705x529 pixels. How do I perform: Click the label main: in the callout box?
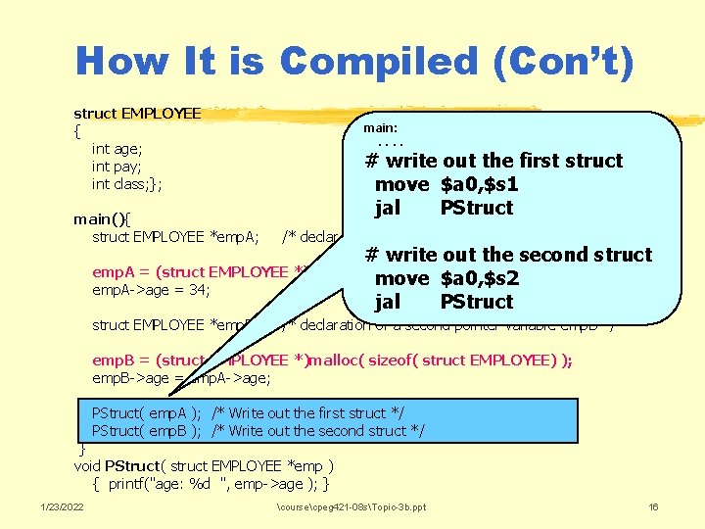click(380, 127)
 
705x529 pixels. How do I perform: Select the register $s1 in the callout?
click(498, 184)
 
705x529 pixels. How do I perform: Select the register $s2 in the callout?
click(498, 278)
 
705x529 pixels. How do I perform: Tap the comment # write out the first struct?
click(493, 161)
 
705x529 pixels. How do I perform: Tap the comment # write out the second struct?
click(508, 255)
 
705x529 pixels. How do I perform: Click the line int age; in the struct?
click(117, 149)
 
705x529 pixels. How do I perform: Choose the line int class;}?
click(127, 184)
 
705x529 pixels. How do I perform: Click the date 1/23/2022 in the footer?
click(61, 506)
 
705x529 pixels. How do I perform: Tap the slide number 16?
click(654, 506)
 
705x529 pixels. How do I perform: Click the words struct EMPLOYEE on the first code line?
click(137, 114)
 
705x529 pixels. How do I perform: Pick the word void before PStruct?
click(90, 465)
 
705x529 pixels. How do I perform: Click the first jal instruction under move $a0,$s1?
click(388, 208)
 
